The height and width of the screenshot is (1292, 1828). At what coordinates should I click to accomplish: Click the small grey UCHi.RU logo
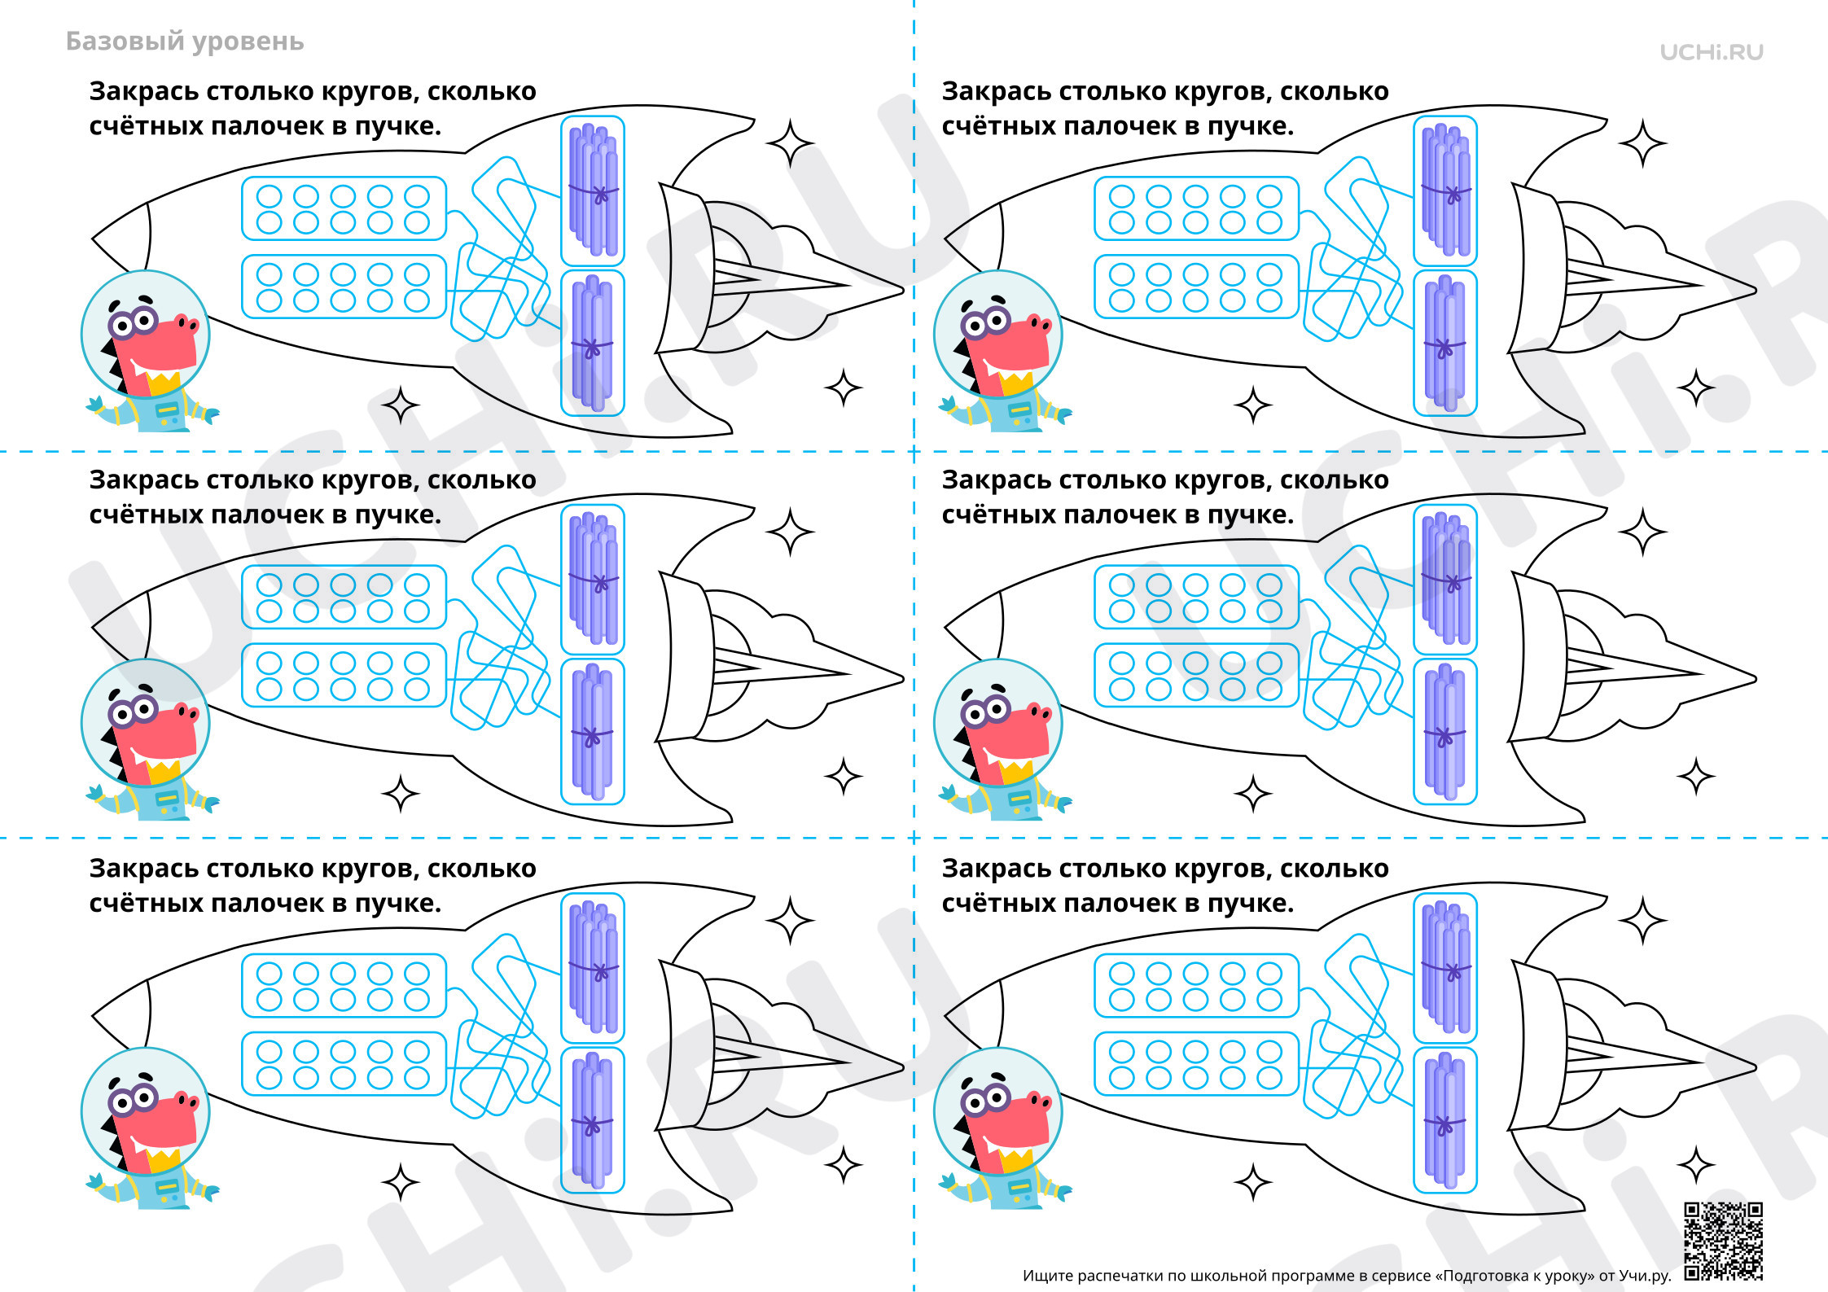pyautogui.click(x=1712, y=52)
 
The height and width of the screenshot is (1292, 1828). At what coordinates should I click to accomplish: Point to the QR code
pyautogui.click(x=1724, y=1241)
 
